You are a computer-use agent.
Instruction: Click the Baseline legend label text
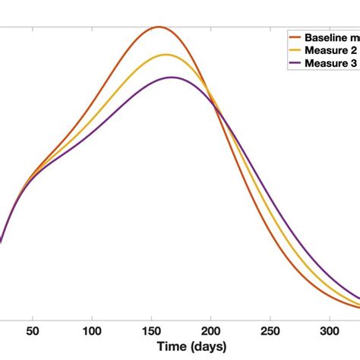pos(332,37)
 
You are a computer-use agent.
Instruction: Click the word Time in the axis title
pos(174,346)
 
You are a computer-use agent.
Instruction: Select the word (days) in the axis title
pos(207,346)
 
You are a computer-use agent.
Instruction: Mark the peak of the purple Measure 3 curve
pos(172,77)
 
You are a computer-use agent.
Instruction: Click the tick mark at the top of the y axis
pos(2,29)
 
